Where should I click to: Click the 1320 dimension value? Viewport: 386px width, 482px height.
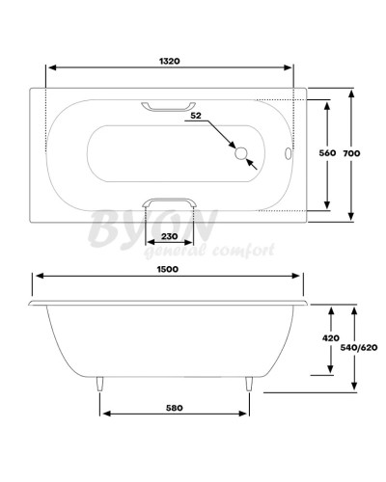click(172, 60)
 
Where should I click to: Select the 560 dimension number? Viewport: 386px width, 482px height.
click(327, 153)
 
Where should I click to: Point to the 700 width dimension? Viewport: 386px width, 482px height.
click(365, 153)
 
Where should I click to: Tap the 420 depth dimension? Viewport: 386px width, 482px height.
click(330, 338)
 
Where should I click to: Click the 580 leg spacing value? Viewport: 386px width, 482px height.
click(174, 407)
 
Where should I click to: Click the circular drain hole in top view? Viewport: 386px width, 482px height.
click(241, 152)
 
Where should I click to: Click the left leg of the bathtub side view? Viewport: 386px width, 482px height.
click(99, 386)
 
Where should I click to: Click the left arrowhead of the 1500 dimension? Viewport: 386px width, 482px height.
click(38, 280)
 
